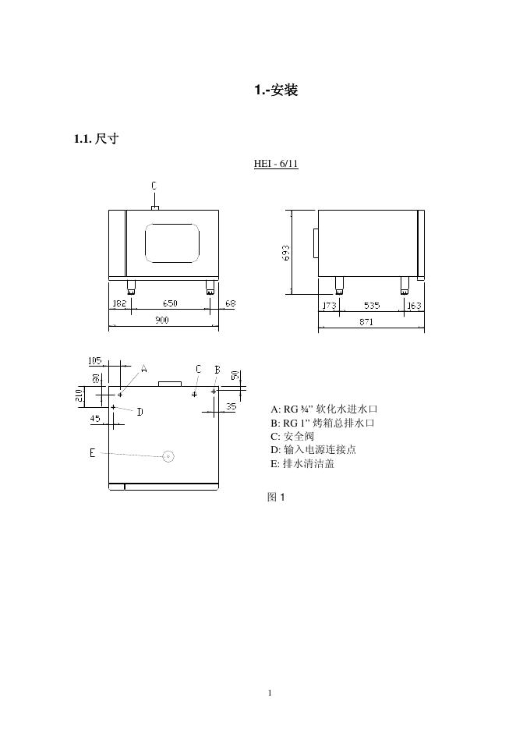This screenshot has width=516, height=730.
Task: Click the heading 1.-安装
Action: pyautogui.click(x=276, y=90)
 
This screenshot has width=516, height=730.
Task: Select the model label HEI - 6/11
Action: pyautogui.click(x=276, y=164)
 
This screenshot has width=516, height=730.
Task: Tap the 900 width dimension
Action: pyautogui.click(x=161, y=320)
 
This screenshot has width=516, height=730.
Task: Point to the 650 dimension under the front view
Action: pyautogui.click(x=169, y=303)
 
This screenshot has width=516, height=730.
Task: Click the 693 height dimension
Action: pyautogui.click(x=286, y=253)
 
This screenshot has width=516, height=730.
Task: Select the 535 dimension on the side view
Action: pyautogui.click(x=372, y=306)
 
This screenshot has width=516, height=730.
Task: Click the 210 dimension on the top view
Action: pyautogui.click(x=80, y=395)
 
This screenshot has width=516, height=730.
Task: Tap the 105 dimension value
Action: pyautogui.click(x=94, y=360)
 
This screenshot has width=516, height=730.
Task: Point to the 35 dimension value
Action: pyautogui.click(x=231, y=406)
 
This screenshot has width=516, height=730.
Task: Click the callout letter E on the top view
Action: pyautogui.click(x=93, y=453)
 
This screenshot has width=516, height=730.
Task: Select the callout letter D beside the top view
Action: pyautogui.click(x=140, y=412)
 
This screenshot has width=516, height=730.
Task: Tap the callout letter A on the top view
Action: pyautogui.click(x=144, y=369)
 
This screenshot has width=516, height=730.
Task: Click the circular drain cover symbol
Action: pyautogui.click(x=168, y=456)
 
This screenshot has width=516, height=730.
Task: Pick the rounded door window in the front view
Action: pyautogui.click(x=172, y=243)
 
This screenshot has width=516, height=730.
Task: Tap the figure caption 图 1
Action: pyautogui.click(x=277, y=497)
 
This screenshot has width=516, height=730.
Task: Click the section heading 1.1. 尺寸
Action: pyautogui.click(x=96, y=140)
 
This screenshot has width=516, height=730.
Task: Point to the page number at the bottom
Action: pyautogui.click(x=269, y=692)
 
